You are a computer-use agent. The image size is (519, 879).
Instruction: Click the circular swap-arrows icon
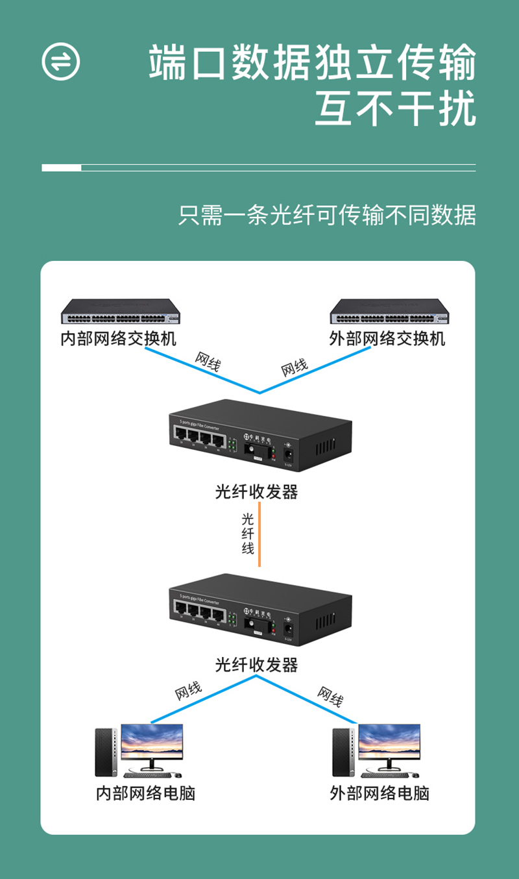[x=61, y=62]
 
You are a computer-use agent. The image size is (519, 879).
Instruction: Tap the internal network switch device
[x=120, y=312]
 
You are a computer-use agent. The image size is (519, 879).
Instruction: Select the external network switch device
[x=389, y=312]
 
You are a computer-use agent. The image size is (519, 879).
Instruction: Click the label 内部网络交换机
[x=118, y=339]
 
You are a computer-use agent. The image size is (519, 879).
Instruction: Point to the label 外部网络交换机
[x=387, y=339]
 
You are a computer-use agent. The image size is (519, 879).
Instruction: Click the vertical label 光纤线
[x=248, y=534]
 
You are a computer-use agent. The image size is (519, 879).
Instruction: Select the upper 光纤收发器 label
[x=257, y=492]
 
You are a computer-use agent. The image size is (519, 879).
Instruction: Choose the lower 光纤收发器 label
[x=257, y=665]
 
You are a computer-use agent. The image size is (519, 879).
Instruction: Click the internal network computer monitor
[x=151, y=745]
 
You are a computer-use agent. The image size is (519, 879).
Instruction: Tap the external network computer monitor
[x=389, y=745]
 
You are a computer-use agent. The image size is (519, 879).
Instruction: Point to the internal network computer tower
[x=105, y=751]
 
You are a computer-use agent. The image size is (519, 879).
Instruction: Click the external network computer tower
[x=343, y=751]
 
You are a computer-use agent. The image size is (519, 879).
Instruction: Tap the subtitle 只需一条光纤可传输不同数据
[x=327, y=215]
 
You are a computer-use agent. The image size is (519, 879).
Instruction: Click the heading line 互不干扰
[x=396, y=108]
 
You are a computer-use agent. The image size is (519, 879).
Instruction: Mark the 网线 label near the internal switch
[x=208, y=361]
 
